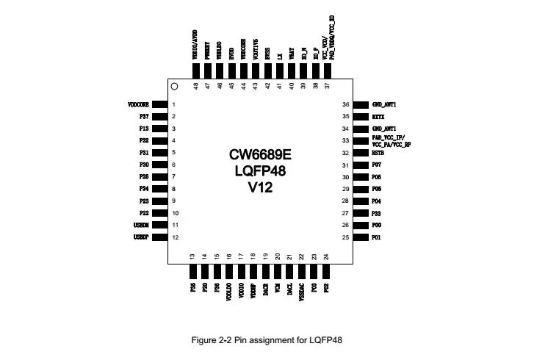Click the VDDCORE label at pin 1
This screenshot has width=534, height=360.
pos(139,105)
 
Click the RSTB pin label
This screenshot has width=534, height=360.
pos(379,153)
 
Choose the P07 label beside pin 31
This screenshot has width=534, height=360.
pos(377,165)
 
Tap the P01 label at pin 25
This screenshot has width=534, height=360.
pos(377,237)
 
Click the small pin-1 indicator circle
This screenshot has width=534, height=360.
pos(174,87)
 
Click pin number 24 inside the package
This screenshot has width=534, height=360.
pos(326,256)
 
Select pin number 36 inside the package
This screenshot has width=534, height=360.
pos(345,105)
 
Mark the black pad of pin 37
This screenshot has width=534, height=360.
pos(328,71)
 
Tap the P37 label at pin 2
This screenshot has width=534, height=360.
pos(144,117)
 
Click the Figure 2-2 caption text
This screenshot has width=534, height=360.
pos(267,340)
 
